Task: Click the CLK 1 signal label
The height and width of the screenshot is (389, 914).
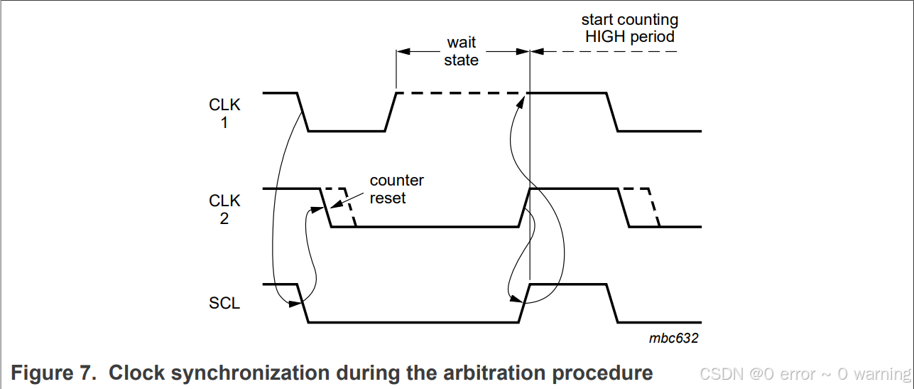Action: pyautogui.click(x=224, y=114)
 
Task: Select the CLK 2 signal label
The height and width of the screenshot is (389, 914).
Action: pyautogui.click(x=224, y=210)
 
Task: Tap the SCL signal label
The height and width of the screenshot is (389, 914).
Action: pyautogui.click(x=224, y=304)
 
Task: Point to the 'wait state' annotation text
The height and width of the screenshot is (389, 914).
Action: pyautogui.click(x=462, y=51)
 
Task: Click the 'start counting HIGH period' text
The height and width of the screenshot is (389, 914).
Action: pyautogui.click(x=630, y=28)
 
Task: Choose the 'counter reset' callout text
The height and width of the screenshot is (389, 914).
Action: pyautogui.click(x=396, y=189)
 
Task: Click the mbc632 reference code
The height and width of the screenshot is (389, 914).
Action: pyautogui.click(x=673, y=339)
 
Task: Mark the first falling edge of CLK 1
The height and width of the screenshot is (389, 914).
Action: pyautogui.click(x=303, y=112)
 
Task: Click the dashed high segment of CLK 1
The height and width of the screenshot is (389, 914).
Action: pyautogui.click(x=462, y=93)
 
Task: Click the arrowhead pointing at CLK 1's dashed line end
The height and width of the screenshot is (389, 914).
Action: pyautogui.click(x=523, y=101)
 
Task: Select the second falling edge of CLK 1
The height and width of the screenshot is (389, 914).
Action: pyautogui.click(x=612, y=112)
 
